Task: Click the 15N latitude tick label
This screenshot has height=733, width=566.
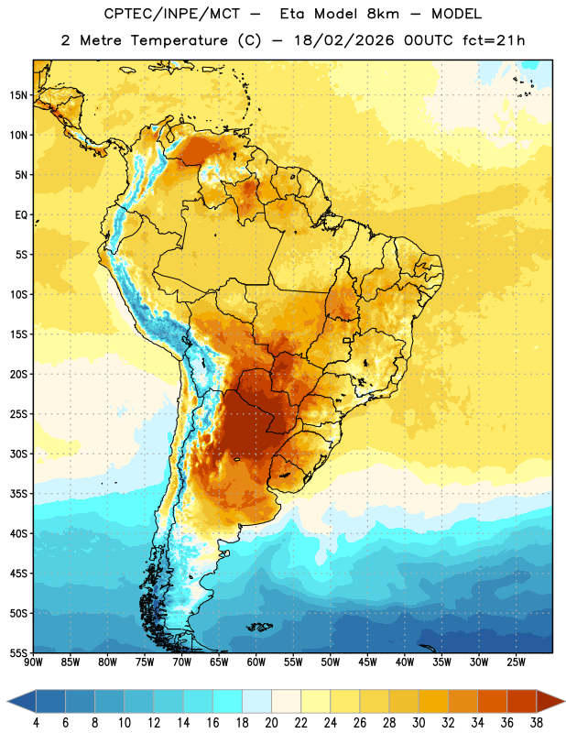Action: (x=18, y=95)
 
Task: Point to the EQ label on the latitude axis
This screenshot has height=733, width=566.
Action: (x=21, y=215)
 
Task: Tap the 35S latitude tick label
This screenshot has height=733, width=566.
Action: (x=18, y=494)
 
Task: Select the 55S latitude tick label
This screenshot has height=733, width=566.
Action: (x=18, y=653)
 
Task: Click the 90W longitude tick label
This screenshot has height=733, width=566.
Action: (x=33, y=662)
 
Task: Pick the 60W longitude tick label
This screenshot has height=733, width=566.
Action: (x=256, y=662)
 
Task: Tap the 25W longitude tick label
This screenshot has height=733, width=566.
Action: (x=516, y=662)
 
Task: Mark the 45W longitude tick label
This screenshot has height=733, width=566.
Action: (x=368, y=662)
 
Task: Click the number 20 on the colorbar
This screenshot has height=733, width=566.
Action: (x=271, y=723)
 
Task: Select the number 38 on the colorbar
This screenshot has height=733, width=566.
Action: (x=537, y=723)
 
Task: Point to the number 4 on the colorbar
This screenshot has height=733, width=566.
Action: (x=36, y=723)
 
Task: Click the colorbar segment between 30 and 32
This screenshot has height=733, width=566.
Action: (x=433, y=701)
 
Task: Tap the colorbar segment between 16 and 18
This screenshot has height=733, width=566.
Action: (x=227, y=701)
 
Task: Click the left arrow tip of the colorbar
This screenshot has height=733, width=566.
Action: (x=7, y=701)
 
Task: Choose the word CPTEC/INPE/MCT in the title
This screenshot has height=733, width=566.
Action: (x=172, y=14)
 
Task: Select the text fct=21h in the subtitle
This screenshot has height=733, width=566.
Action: (x=494, y=40)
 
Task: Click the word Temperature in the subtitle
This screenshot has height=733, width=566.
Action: (x=179, y=40)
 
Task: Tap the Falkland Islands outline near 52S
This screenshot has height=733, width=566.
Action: (x=259, y=627)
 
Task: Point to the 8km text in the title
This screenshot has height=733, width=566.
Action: (x=383, y=14)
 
